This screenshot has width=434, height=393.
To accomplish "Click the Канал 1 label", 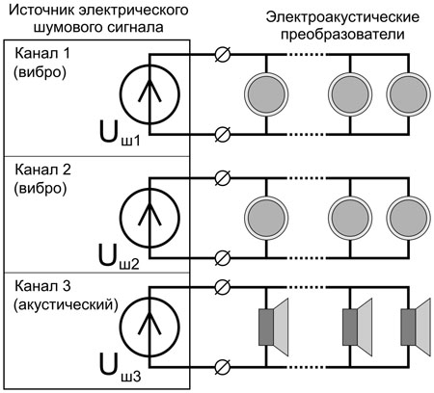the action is tap(42, 54).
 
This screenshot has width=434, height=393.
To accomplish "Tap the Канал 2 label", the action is tap(42, 170).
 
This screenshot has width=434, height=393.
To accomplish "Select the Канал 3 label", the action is tap(42, 285).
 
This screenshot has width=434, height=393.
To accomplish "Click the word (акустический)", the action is tap(66, 304).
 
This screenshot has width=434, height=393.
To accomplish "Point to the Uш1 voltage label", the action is tap(120, 136).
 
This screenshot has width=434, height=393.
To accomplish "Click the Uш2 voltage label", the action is tap(119, 258).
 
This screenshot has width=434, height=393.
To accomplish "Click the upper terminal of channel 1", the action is tap(222, 54).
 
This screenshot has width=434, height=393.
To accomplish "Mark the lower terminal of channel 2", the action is tap(222, 258).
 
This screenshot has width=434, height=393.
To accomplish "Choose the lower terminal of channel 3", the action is tap(222, 367).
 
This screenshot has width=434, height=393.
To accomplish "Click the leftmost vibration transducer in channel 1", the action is tap(266, 94).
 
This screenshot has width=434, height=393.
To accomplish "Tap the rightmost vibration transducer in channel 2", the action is tap(408, 219).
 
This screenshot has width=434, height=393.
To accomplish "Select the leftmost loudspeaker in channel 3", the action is tap(273, 327).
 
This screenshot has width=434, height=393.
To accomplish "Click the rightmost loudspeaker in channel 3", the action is tap(416, 327).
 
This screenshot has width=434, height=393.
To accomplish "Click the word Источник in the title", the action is tap(42, 10).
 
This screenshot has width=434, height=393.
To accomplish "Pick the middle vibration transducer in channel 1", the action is tap(350, 94).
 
